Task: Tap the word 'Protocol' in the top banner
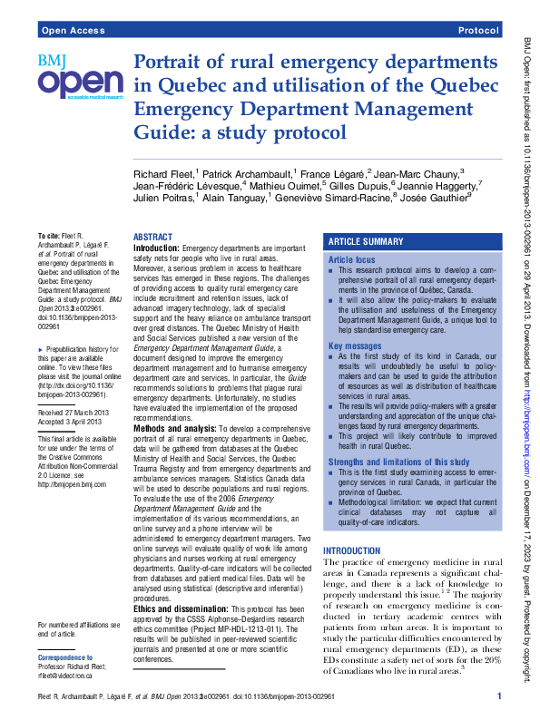tap(478, 31)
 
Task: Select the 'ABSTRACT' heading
tap(152, 237)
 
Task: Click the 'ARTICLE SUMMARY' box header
tap(366, 242)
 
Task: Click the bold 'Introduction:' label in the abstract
tap(156, 248)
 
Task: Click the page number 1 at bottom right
tap(499, 695)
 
